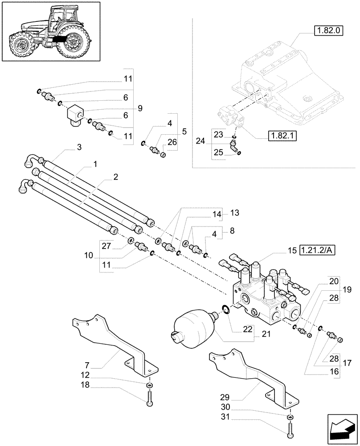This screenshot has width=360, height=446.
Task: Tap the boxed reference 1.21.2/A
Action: point(317,251)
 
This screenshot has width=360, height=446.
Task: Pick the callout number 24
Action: point(201,141)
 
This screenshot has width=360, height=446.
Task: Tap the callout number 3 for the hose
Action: point(79,147)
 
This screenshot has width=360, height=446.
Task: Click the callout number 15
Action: point(292,251)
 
